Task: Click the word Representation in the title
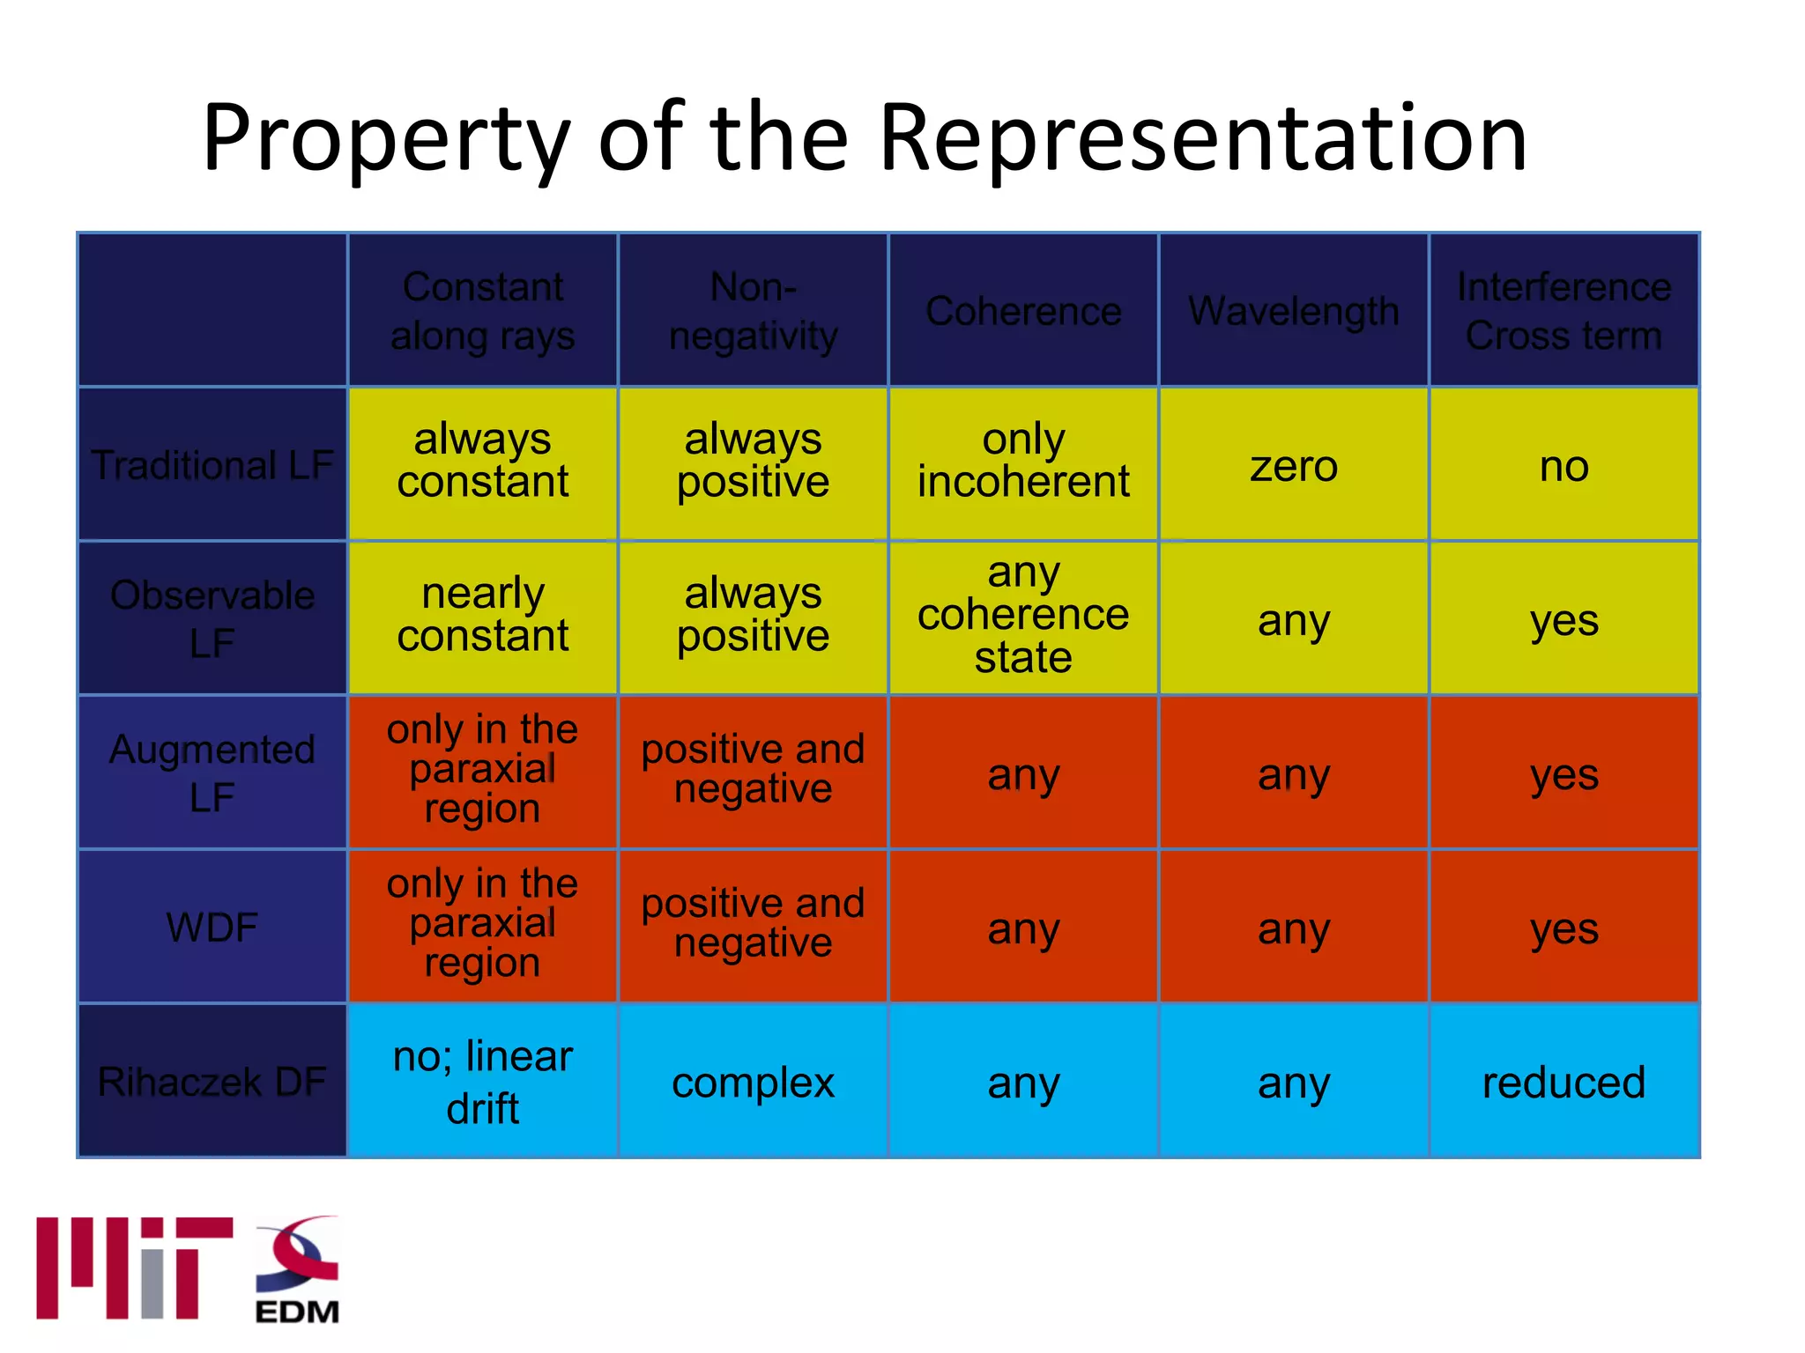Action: click(x=1203, y=139)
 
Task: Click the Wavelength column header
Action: click(x=1293, y=311)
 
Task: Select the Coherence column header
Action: click(x=1023, y=311)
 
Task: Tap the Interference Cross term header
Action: click(x=1564, y=311)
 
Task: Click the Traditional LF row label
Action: click(x=212, y=465)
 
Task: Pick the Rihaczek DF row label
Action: click(x=212, y=1082)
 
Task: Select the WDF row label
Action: click(x=212, y=928)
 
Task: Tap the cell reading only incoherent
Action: click(x=1023, y=461)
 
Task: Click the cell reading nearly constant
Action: click(x=483, y=615)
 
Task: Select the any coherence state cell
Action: click(x=1023, y=615)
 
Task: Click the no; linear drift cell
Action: click(x=483, y=1082)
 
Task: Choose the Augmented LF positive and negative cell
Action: click(x=753, y=769)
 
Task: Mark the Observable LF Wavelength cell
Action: click(x=1293, y=620)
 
